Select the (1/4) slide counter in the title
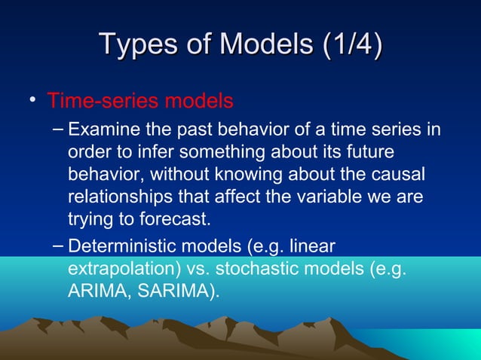click(x=348, y=43)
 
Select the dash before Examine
click(x=60, y=130)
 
